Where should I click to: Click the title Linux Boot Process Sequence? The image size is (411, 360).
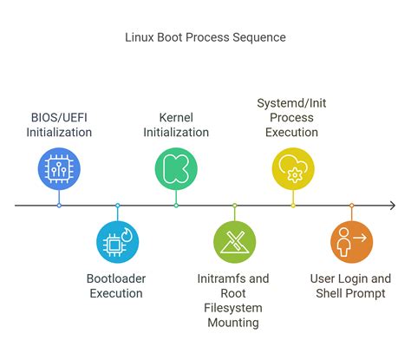(x=205, y=37)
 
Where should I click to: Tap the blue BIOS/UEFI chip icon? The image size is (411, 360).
(x=59, y=168)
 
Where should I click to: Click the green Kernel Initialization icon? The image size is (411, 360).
(x=176, y=168)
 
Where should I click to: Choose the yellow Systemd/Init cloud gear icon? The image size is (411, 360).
(x=293, y=168)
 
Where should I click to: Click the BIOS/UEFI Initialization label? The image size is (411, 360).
(x=59, y=125)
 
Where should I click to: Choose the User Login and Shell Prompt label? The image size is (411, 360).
(x=350, y=286)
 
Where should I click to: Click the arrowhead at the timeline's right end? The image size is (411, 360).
(x=392, y=206)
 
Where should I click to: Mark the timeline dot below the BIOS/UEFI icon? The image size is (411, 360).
(x=59, y=206)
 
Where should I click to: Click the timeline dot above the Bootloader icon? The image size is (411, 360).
(x=117, y=206)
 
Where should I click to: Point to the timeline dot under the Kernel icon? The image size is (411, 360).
(x=176, y=206)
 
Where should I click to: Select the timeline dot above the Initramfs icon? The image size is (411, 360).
(x=234, y=206)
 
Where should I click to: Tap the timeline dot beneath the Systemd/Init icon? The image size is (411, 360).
(x=293, y=206)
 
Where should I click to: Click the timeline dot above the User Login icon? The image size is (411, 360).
(x=351, y=206)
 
